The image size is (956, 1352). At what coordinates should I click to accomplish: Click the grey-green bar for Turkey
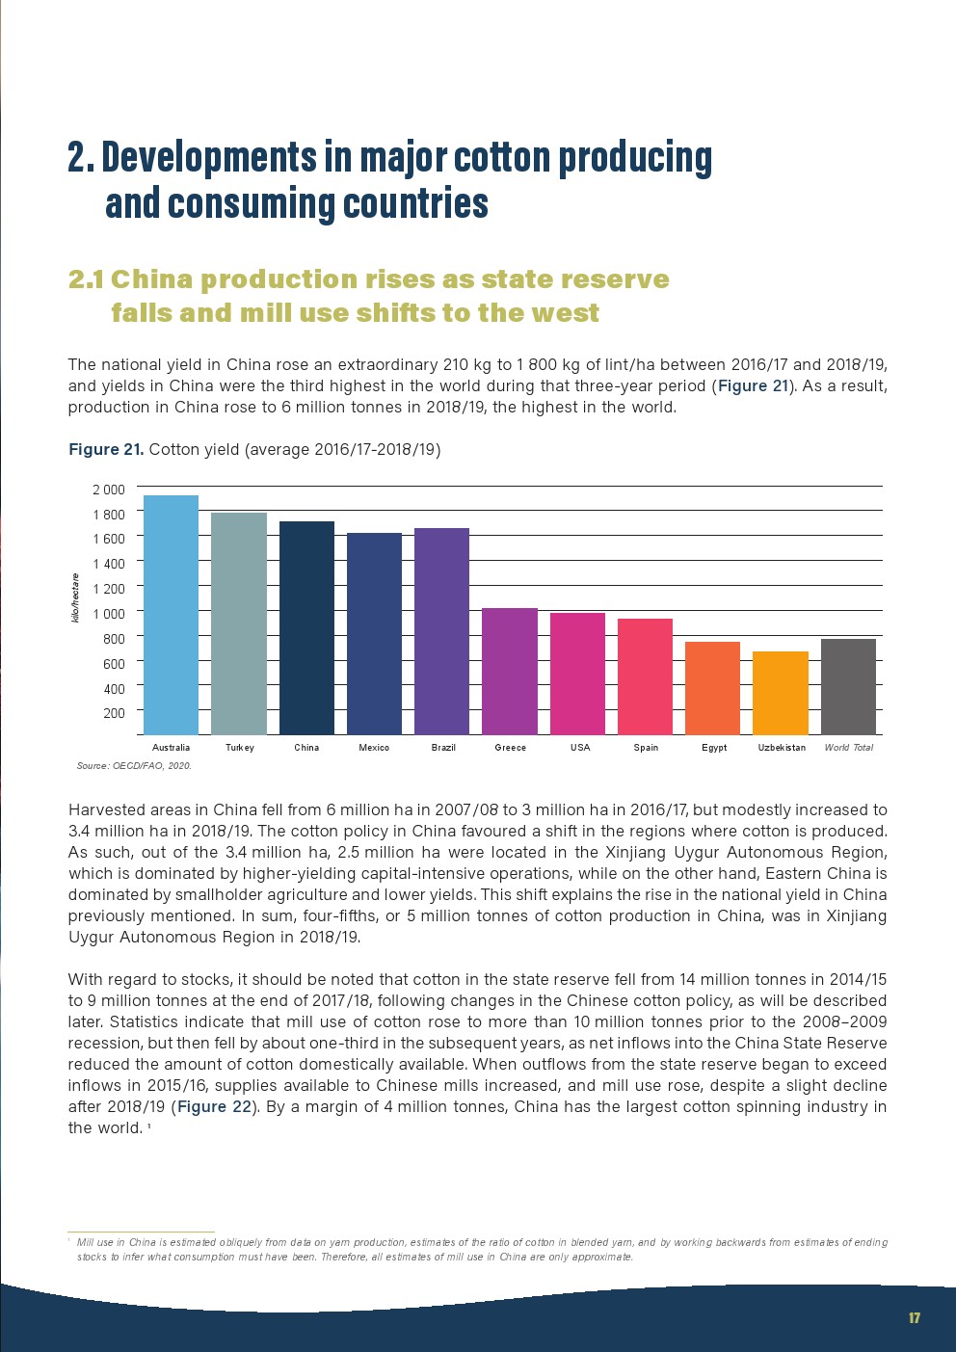239,623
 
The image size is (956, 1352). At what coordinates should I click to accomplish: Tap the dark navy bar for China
306,628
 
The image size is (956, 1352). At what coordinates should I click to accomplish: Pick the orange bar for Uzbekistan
781,693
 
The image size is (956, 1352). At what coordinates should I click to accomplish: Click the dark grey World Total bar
848,687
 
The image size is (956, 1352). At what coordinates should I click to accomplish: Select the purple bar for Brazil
441,631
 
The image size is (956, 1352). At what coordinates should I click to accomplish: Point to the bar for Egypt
712,688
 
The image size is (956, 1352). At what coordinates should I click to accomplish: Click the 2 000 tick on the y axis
109,490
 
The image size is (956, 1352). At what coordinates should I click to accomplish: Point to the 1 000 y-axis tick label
109,614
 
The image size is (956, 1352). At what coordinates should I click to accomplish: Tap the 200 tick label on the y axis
114,713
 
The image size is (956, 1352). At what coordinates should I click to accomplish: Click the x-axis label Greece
511,748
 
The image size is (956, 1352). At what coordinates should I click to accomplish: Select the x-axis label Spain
646,748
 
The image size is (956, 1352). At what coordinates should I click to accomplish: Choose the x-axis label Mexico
374,748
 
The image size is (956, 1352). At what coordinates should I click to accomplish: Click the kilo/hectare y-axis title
75,597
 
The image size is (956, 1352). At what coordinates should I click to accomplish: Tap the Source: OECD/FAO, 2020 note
134,766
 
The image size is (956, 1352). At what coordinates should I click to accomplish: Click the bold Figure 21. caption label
106,449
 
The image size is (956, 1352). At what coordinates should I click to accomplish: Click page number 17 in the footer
915,1318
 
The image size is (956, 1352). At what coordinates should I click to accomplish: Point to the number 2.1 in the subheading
86,279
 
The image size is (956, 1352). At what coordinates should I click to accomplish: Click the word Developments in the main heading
209,157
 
